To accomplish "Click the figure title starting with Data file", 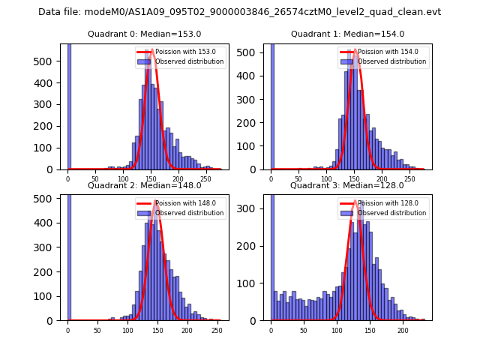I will [239, 12].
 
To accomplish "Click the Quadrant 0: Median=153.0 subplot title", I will [144, 34].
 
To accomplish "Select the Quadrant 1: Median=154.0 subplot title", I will [347, 34].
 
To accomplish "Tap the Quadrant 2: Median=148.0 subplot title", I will [144, 185].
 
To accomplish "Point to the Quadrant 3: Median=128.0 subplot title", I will [347, 185].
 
